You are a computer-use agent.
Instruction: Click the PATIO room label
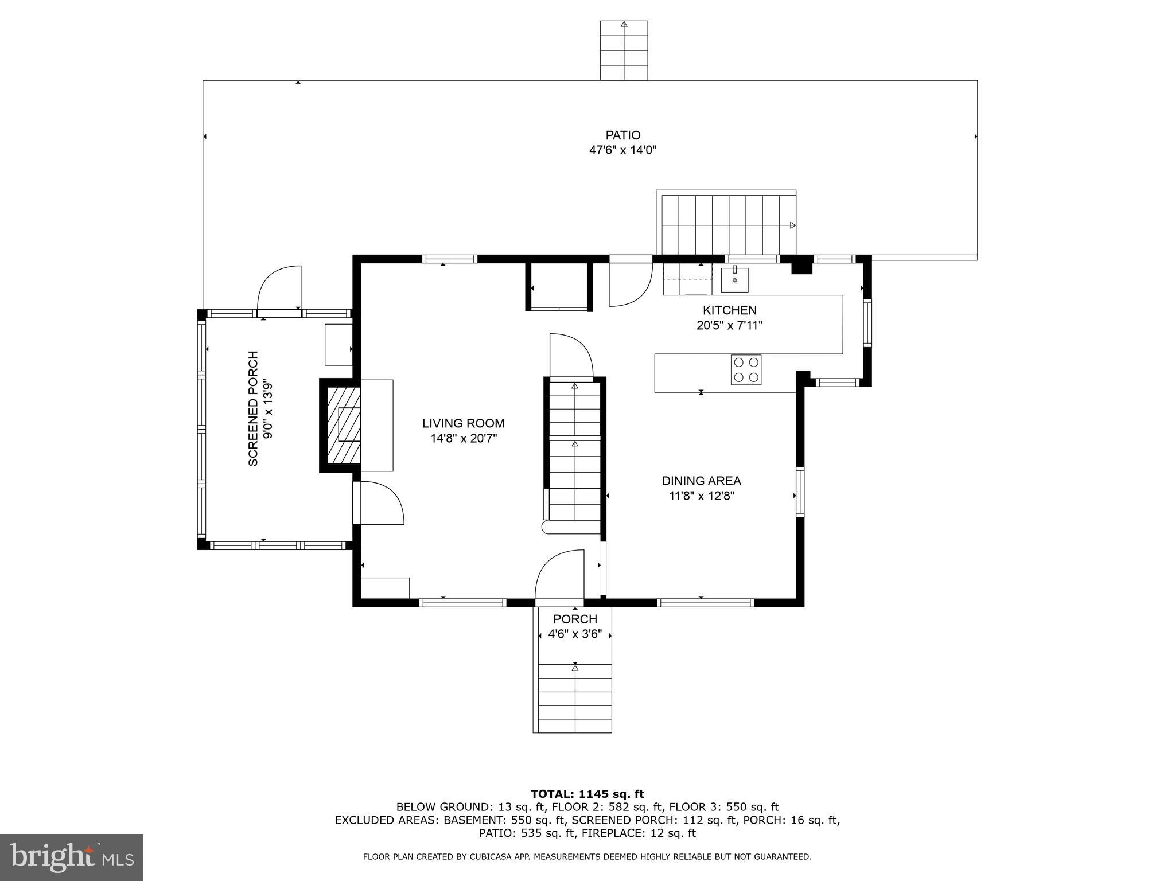point(622,135)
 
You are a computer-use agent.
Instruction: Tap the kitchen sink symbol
point(734,280)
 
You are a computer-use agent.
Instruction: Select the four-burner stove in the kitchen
point(746,370)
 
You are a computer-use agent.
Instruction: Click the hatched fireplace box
point(344,425)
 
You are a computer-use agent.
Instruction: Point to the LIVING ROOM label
point(464,424)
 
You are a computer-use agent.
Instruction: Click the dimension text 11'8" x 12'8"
point(701,496)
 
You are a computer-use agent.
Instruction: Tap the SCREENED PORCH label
point(253,408)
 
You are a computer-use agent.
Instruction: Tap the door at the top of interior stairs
point(570,357)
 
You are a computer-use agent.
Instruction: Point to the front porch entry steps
point(575,697)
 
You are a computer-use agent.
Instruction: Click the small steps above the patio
point(624,50)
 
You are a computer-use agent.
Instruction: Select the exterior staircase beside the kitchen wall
point(727,225)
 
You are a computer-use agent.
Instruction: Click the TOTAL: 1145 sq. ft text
point(587,794)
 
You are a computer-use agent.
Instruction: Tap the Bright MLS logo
point(72,857)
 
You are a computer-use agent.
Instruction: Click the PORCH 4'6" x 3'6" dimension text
point(575,635)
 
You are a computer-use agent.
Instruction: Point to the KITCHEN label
point(730,310)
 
